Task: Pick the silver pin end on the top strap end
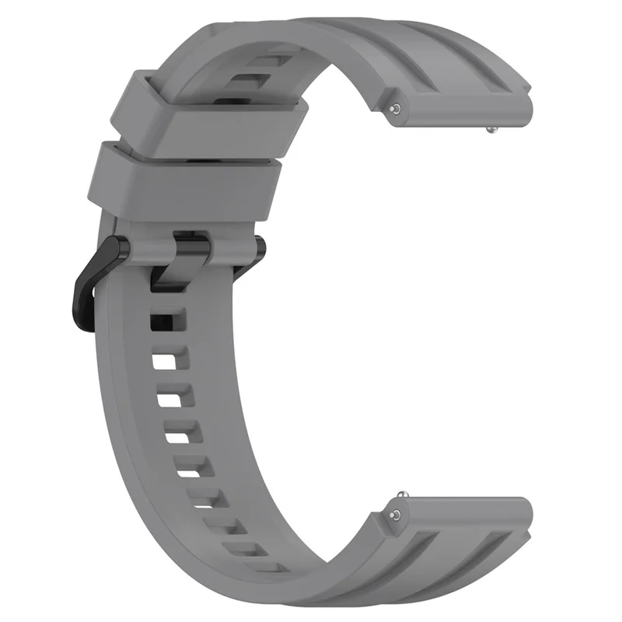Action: [x=397, y=109]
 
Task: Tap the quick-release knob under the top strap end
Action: [x=491, y=133]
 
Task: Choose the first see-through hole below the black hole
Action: [x=166, y=362]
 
